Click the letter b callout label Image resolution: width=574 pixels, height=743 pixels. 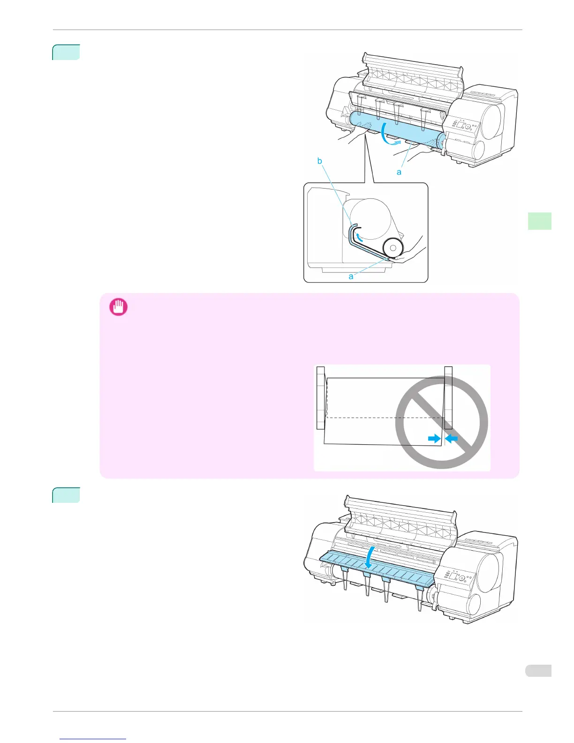click(x=319, y=161)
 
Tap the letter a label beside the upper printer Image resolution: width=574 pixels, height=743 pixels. click(x=399, y=172)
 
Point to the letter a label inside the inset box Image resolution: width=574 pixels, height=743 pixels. click(x=351, y=276)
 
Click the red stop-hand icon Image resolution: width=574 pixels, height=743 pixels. click(x=118, y=308)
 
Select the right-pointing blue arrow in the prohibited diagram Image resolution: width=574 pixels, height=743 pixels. click(x=434, y=439)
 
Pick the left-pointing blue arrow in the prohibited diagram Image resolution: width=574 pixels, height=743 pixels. click(x=451, y=439)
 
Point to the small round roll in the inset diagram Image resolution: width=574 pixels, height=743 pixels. click(x=393, y=248)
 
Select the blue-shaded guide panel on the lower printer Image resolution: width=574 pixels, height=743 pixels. click(x=375, y=569)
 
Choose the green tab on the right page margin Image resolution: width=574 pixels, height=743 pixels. click(x=539, y=221)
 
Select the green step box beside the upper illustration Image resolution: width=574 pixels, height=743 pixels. click(x=66, y=52)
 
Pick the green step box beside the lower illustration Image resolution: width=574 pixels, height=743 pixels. click(x=66, y=495)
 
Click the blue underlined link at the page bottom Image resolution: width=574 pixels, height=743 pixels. click(x=93, y=739)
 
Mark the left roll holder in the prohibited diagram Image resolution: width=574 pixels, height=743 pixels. click(x=321, y=398)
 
